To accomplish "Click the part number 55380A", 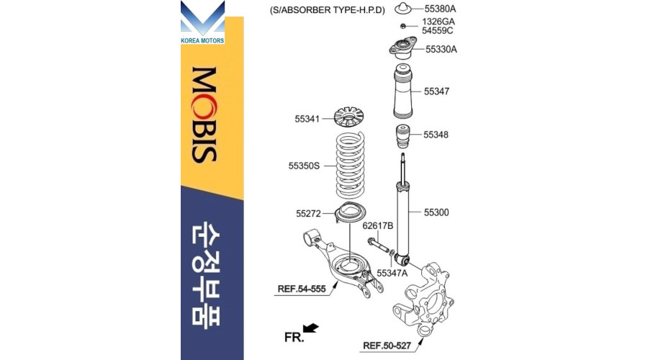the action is tap(440, 9).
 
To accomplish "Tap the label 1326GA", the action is tap(438, 21).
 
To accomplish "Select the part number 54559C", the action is tap(437, 30).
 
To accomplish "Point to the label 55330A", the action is tap(441, 49).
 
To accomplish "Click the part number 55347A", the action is tap(392, 273).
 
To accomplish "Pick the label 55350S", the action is tap(304, 166).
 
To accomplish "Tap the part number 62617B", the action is tap(378, 225).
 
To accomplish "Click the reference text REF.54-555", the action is tap(302, 289).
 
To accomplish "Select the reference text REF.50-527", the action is tap(387, 345).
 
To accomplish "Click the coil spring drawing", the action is tap(351, 164).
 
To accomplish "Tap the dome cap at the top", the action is tap(403, 8).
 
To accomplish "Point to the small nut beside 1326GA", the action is tap(403, 26).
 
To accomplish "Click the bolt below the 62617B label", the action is tap(378, 245).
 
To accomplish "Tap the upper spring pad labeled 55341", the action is tap(348, 118).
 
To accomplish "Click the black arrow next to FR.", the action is tap(311, 328).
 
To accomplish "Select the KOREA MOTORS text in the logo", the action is tap(203, 40).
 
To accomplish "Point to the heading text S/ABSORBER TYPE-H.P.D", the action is tap(328, 10).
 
